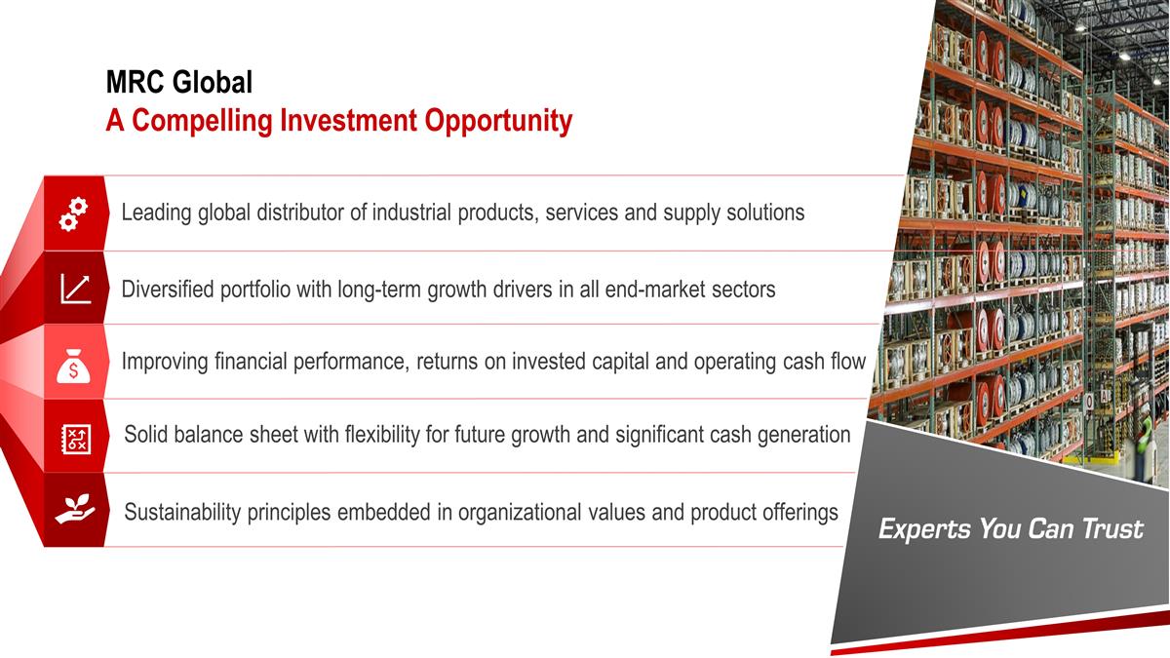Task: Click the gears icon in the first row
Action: (74, 214)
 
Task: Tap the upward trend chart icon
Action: (75, 289)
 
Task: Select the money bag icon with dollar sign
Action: (75, 364)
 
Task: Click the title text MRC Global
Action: (179, 83)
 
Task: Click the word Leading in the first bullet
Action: (156, 213)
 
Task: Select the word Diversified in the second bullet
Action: (168, 290)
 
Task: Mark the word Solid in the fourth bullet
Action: (146, 435)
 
